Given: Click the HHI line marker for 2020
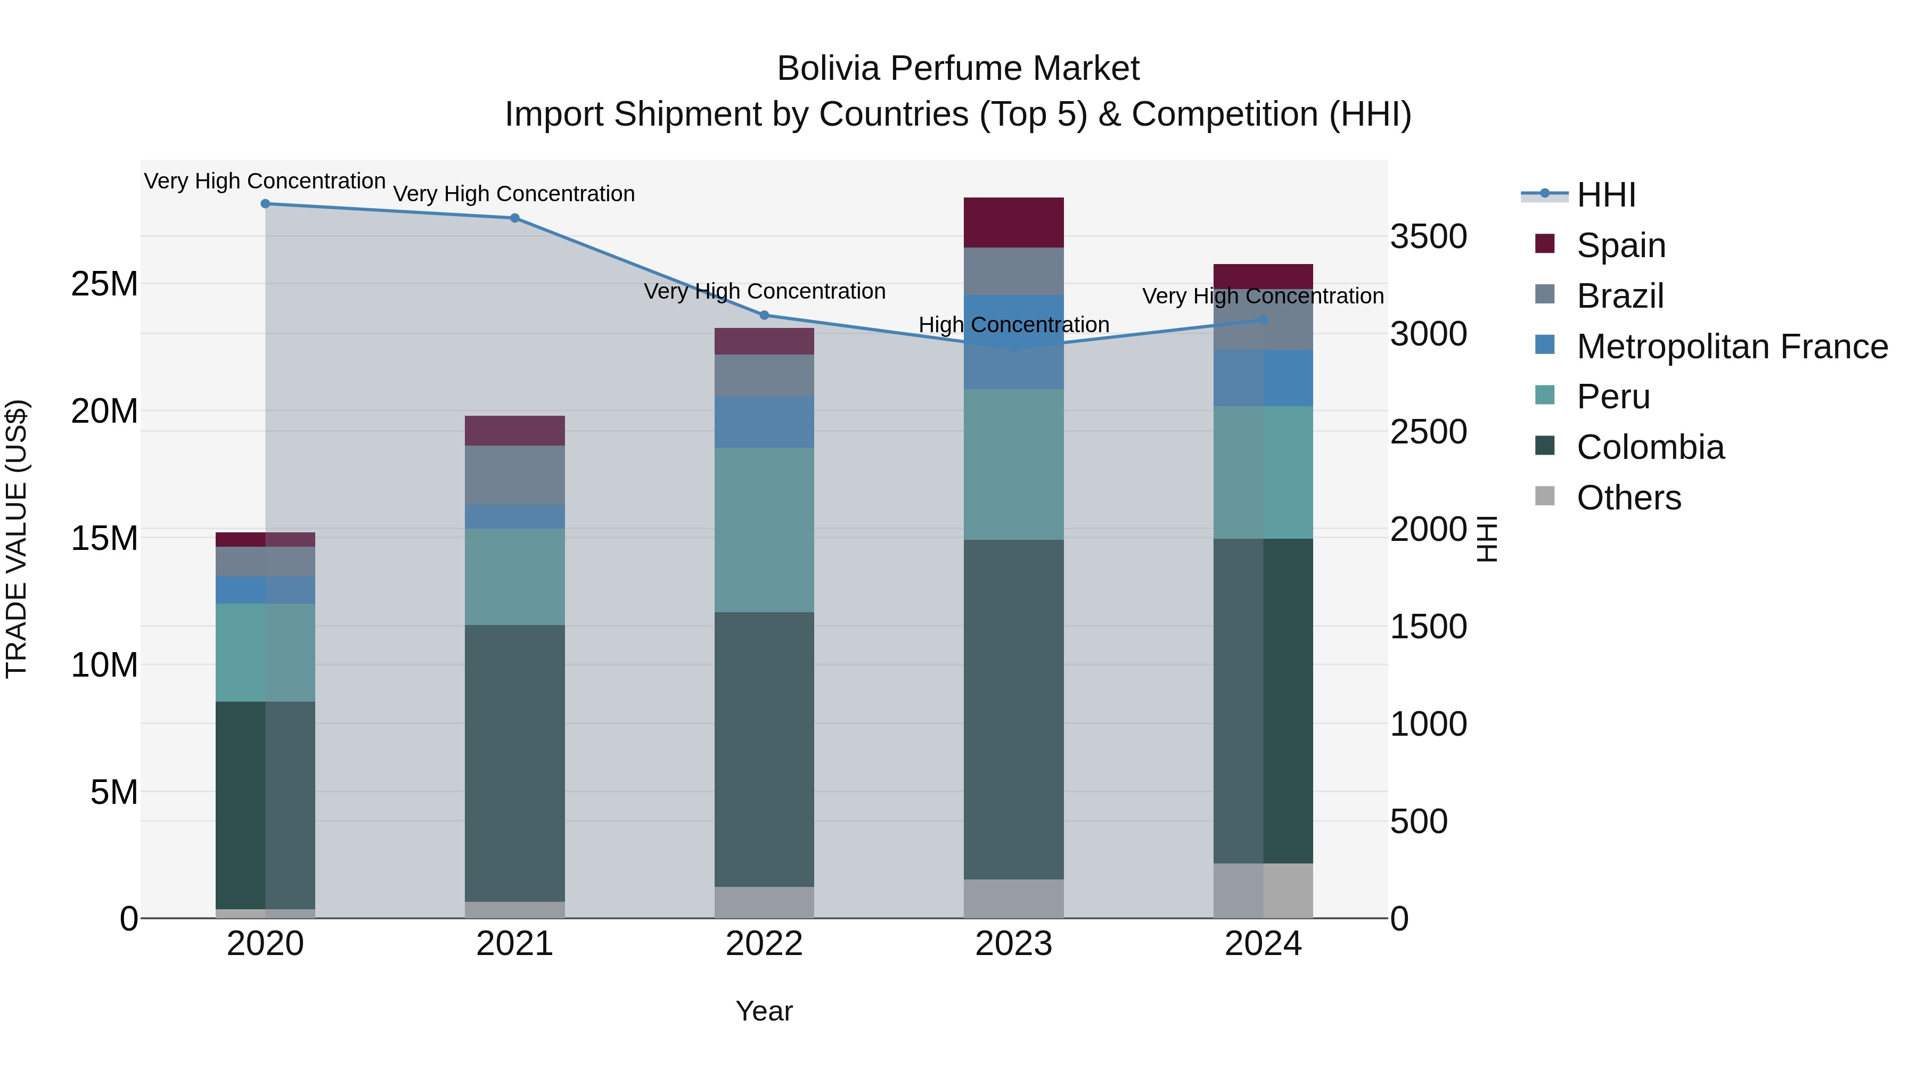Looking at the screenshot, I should [265, 204].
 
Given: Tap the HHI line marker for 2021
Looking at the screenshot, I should [514, 218].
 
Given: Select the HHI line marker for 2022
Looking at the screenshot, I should [764, 316].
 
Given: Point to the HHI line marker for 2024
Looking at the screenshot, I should [1263, 320].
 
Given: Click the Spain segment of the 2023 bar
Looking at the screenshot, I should [1013, 223].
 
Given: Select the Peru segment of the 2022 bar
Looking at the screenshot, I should [764, 530].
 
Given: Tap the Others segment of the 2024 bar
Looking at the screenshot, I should [1263, 891].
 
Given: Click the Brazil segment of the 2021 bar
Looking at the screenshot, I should [514, 475].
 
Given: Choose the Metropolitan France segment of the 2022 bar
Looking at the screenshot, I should [764, 422].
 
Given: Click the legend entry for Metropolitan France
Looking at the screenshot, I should [1732, 347].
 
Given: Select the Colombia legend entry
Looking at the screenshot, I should [1650, 447].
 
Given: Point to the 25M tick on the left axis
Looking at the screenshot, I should [104, 284].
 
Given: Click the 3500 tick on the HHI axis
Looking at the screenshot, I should [1428, 237].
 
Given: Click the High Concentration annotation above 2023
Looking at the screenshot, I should [1013, 325].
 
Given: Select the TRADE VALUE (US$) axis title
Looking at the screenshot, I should [17, 539].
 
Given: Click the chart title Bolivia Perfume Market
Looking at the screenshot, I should [958, 69].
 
